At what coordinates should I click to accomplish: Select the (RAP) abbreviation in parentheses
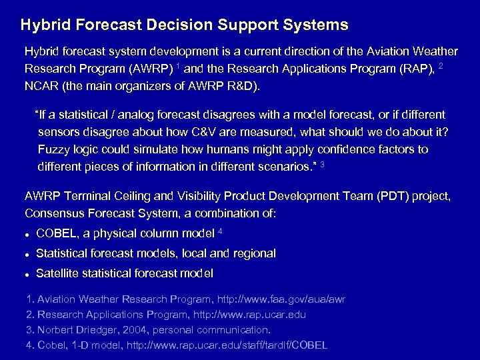tap(417, 69)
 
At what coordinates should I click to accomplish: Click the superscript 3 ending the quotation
tap(323, 163)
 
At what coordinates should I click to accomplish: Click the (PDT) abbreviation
tap(386, 197)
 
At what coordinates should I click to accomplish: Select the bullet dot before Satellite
tap(27, 274)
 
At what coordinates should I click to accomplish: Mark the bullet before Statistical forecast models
tap(27, 255)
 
